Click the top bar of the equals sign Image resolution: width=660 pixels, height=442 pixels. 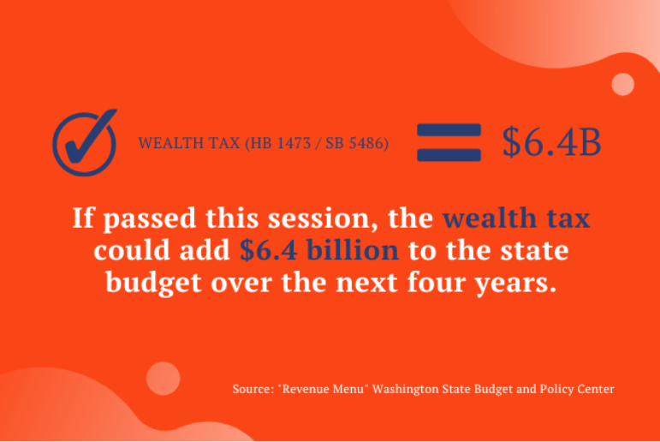click(x=449, y=131)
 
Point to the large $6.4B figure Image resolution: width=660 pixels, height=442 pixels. click(x=551, y=142)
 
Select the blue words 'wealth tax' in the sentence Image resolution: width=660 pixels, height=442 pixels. click(x=515, y=218)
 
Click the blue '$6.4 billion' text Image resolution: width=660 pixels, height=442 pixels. click(x=319, y=252)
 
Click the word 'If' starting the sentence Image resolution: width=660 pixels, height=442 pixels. click(x=82, y=219)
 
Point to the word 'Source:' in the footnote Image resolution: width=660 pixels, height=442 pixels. click(x=253, y=389)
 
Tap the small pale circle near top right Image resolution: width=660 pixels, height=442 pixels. click(x=622, y=84)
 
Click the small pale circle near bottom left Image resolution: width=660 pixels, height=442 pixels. click(x=163, y=378)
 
